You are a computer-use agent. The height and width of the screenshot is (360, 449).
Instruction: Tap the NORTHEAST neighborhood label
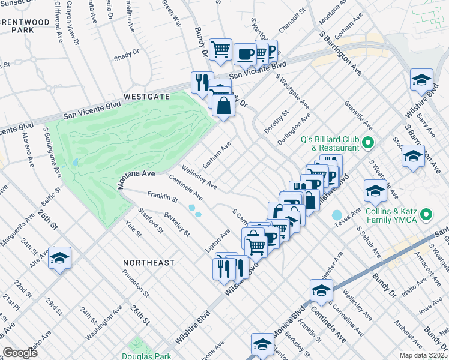click(148, 263)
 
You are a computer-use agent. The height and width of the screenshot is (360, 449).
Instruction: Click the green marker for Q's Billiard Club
click(368, 143)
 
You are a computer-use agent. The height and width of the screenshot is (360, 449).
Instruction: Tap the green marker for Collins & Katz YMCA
click(426, 214)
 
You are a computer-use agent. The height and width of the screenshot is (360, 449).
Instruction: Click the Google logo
click(20, 353)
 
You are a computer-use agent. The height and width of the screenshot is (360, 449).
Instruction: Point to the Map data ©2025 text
click(422, 355)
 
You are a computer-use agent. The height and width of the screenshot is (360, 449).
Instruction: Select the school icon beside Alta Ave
click(59, 258)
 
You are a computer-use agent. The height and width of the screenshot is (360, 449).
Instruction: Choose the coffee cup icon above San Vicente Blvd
click(244, 54)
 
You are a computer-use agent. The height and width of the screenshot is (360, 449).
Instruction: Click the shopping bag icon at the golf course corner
click(223, 106)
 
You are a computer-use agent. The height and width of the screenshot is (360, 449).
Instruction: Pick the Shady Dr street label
click(126, 55)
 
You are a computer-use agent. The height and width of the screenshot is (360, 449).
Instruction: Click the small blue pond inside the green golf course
click(74, 162)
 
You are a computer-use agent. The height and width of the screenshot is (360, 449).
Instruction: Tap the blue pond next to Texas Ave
click(336, 214)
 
